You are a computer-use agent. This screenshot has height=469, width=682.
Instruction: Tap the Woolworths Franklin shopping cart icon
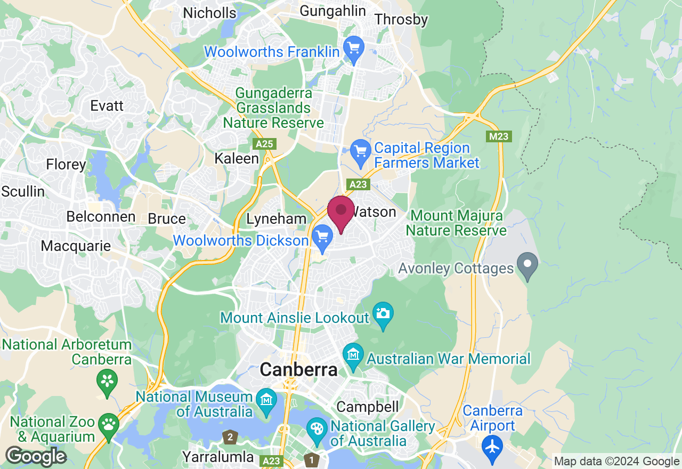tap(353, 50)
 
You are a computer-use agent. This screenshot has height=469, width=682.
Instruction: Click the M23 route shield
tap(499, 136)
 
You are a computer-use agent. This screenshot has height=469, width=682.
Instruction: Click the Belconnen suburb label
tap(101, 217)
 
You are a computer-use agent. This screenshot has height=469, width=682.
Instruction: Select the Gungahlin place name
tap(333, 11)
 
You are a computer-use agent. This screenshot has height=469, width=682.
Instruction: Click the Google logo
tap(36, 457)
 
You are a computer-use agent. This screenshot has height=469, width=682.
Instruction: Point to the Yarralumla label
tap(218, 457)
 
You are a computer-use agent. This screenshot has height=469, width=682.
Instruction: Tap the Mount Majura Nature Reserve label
tap(456, 223)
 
